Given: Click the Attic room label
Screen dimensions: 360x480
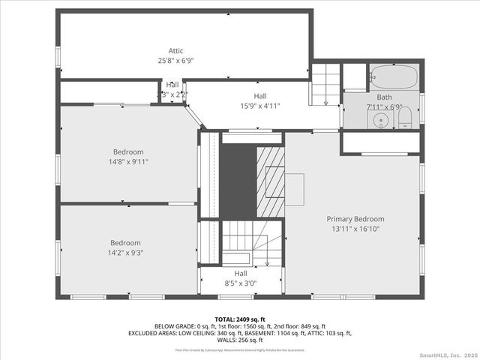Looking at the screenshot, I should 175,50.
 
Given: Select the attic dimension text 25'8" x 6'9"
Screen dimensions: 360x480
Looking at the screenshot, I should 175,60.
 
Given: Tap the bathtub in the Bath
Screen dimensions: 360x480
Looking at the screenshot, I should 394,77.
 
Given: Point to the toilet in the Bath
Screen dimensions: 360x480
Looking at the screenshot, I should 405,118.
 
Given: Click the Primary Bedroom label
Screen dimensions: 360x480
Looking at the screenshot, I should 355,219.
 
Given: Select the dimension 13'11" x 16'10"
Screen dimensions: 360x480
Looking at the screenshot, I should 355,229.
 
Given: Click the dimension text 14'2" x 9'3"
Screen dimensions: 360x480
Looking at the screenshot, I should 126,253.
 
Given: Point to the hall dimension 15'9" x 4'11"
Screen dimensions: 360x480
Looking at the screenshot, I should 259,106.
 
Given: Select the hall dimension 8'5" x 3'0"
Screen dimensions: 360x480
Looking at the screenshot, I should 240,283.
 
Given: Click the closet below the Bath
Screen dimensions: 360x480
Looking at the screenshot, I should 380,142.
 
